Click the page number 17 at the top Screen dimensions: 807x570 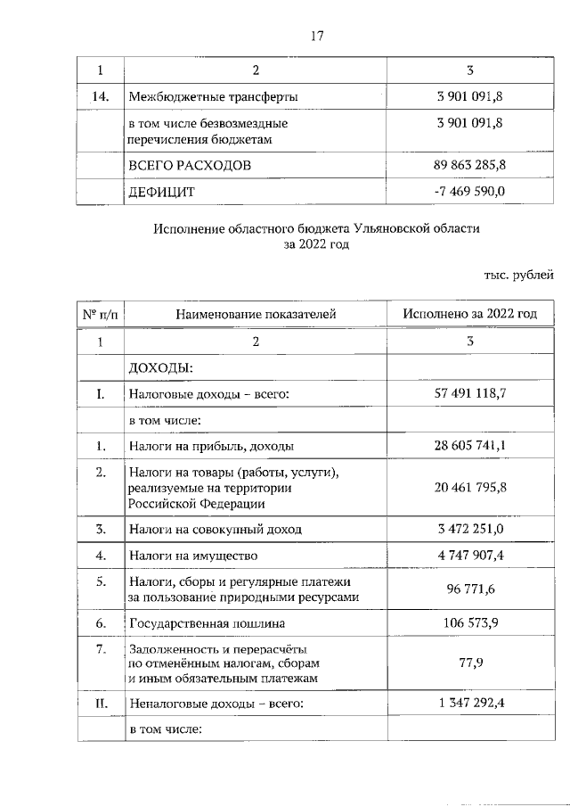316,36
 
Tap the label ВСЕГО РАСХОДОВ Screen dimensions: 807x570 191,166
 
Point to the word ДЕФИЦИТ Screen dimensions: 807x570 162,192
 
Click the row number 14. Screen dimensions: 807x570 100,95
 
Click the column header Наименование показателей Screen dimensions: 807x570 256,314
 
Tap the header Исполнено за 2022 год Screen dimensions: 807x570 470,314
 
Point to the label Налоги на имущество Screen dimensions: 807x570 188,555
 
